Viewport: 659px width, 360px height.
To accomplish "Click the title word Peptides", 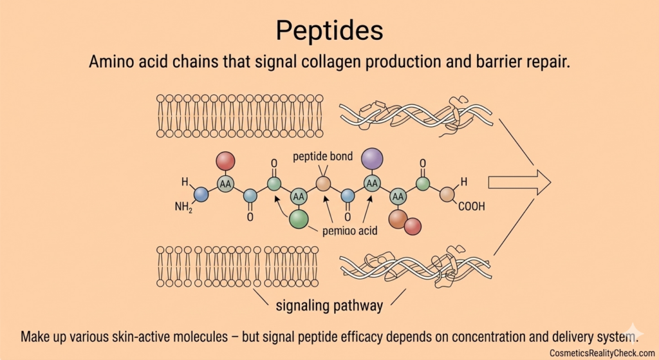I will pos(329,30).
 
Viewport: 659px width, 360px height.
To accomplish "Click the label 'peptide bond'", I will pos(322,157).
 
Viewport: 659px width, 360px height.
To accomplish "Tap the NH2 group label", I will pos(183,207).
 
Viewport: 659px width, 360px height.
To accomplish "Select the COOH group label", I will pos(471,207).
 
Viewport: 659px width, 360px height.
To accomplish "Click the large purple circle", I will pos(372,158).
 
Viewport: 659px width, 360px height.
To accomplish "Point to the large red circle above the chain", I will pos(225,161).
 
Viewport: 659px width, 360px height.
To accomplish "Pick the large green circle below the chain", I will pos(299,218).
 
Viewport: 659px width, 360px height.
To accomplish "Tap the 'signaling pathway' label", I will pos(329,305).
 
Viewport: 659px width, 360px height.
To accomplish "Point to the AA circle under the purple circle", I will pos(372,183).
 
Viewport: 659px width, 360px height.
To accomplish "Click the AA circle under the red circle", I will pos(225,184).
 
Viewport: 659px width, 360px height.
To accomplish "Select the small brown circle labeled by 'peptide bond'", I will pos(324,184).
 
